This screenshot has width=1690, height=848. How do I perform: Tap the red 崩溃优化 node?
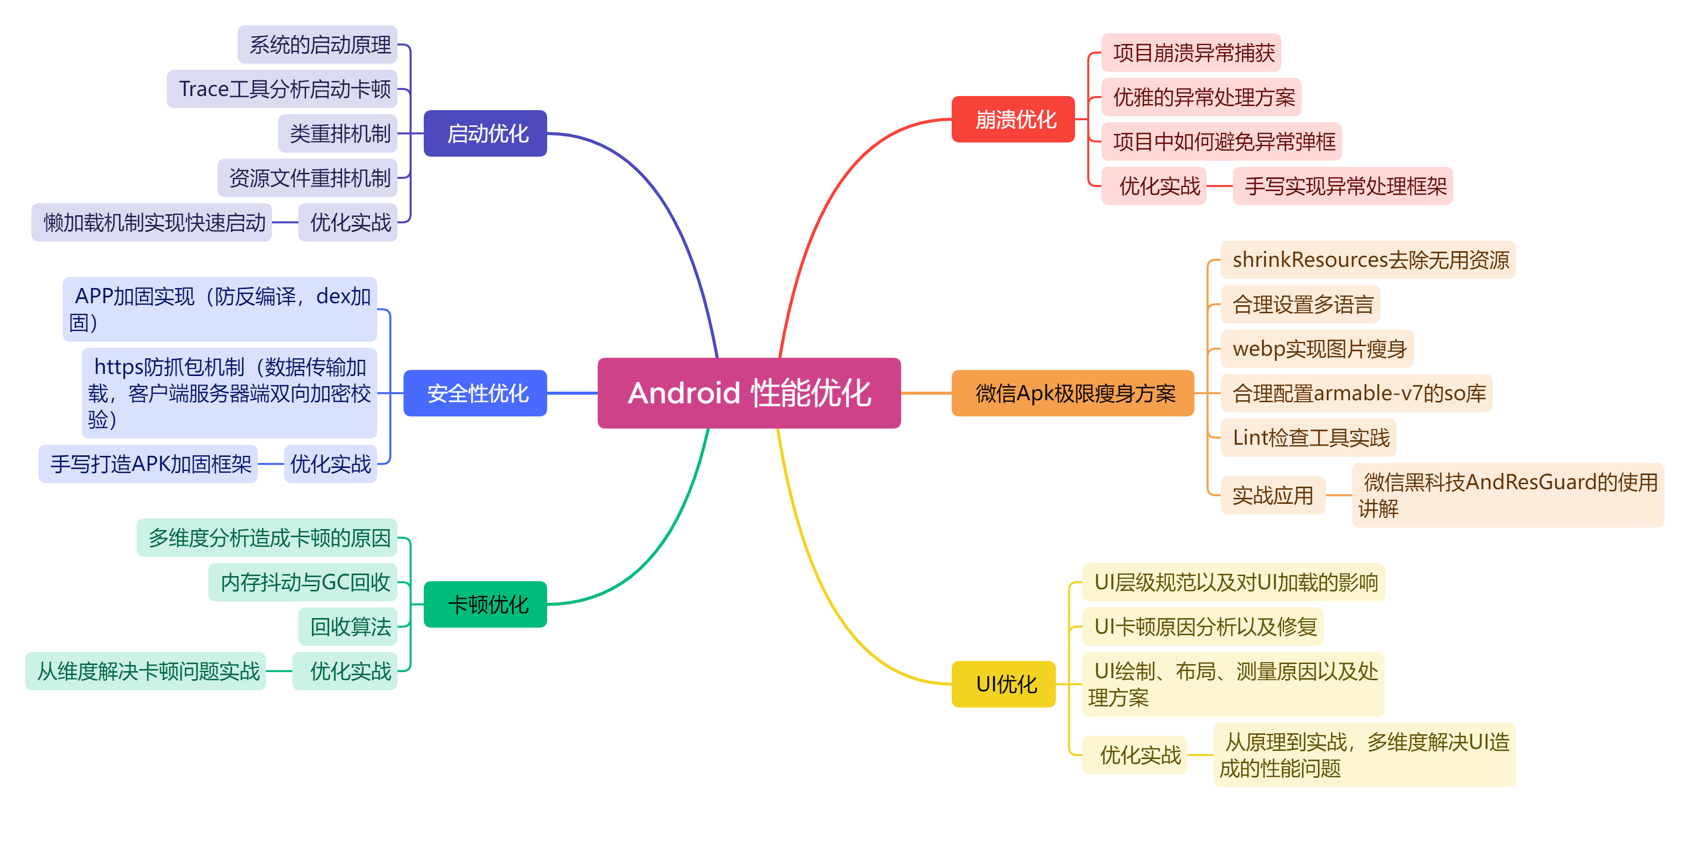1013,119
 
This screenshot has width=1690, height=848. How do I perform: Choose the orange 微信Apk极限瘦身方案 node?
1073,393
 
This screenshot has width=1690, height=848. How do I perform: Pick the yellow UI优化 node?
1004,684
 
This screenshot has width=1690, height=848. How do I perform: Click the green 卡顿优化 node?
485,604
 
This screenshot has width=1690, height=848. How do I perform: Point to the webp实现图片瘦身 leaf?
1317,348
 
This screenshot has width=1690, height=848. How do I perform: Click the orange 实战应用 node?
1273,495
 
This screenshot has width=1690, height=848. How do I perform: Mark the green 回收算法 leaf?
348,626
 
